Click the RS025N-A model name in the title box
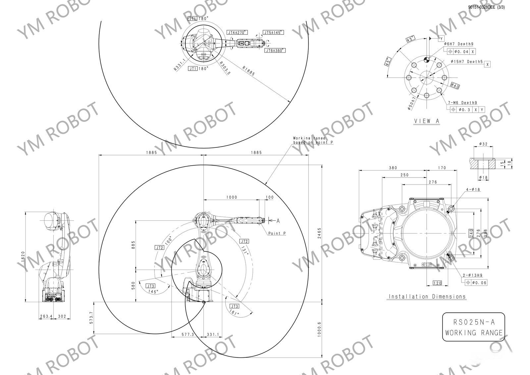(x=473, y=322)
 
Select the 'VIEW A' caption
(x=427, y=121)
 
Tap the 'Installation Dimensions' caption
(x=427, y=296)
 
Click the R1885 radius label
(x=248, y=71)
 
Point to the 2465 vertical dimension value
(x=319, y=234)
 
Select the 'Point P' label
(x=277, y=233)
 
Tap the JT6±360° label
(x=275, y=50)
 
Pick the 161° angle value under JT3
(x=234, y=312)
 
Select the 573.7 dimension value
(x=92, y=318)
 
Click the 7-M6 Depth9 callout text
(x=462, y=103)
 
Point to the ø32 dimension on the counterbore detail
(x=483, y=144)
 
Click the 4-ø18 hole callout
(x=473, y=189)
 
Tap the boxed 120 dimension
(x=437, y=283)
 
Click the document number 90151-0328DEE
(x=481, y=7)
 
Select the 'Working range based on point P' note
(x=313, y=140)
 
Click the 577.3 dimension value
(x=187, y=335)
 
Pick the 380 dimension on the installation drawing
(x=393, y=168)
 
